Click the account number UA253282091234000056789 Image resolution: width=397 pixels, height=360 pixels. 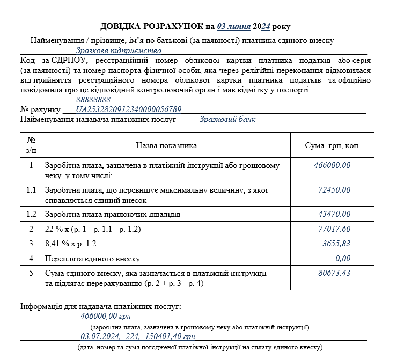(129, 109)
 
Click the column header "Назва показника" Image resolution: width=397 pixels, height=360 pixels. (166, 145)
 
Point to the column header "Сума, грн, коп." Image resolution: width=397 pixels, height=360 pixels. (332, 145)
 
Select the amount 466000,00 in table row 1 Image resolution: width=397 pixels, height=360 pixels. (332, 165)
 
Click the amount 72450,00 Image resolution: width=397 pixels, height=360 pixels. (334, 190)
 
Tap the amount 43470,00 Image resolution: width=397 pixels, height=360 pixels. (334, 214)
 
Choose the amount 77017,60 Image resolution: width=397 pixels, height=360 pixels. (334, 229)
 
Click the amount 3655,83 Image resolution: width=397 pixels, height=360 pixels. (336, 244)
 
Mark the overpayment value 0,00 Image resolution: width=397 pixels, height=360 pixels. (342, 259)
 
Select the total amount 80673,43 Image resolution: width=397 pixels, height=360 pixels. (334, 273)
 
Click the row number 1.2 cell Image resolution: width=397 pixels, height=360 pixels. (31, 214)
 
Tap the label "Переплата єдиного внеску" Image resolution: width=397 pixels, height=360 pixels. (92, 259)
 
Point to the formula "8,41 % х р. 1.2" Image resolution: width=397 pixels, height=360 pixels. (72, 244)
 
